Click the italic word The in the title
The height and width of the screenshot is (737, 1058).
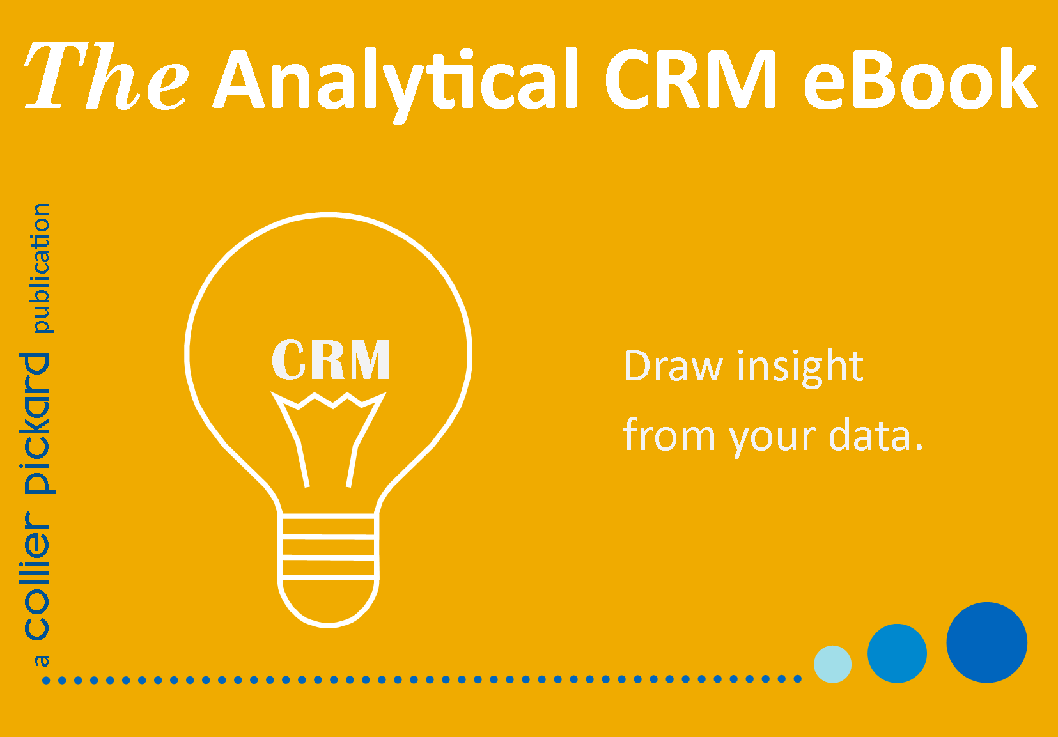coord(106,75)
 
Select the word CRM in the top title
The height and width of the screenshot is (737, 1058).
coord(691,79)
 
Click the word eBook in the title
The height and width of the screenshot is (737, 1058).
coord(921,79)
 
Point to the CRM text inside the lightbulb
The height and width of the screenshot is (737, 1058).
coord(331,359)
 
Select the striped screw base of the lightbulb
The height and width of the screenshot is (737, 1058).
coord(329,547)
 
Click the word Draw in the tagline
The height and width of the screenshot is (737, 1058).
coord(674,366)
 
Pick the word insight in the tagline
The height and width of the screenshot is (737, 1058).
coord(800,368)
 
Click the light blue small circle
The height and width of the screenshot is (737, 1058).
coord(833,664)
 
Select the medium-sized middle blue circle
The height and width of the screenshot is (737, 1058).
coord(897,653)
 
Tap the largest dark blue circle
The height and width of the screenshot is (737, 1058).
coord(986,642)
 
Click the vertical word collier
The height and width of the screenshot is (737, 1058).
coord(37,576)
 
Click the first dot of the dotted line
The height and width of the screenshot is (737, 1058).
coord(46,680)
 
